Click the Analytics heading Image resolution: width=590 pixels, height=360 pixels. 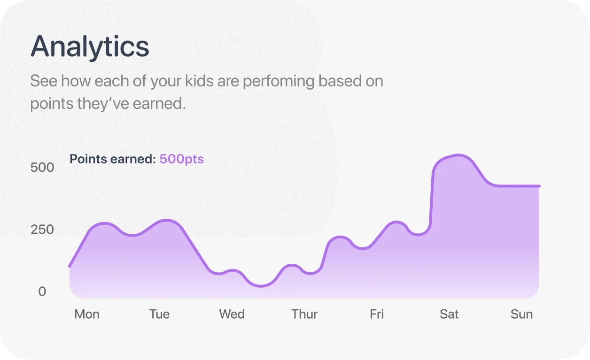point(90,47)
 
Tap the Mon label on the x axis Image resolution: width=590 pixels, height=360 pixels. point(87,314)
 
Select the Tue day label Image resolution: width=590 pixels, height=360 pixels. point(159,314)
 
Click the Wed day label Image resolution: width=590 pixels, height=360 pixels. point(232,314)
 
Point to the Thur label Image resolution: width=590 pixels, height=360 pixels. point(304,314)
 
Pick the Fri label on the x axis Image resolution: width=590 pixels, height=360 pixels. point(377,314)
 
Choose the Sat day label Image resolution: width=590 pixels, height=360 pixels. point(449,314)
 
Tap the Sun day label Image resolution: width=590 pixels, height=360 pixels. point(521,314)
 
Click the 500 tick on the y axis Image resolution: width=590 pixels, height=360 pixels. point(42,168)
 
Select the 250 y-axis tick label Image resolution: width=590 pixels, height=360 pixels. point(42,230)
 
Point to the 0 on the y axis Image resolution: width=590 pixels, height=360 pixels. point(42,291)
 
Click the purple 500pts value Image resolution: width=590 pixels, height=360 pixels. point(182,159)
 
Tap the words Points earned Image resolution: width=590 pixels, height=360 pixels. point(113,159)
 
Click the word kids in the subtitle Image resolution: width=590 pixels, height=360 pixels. point(199,81)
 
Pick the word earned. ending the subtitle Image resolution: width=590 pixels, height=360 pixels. point(159,103)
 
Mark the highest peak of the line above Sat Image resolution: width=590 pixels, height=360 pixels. point(458,155)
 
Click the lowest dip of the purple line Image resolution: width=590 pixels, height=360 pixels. point(261,286)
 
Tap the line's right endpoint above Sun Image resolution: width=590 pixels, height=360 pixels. point(539,186)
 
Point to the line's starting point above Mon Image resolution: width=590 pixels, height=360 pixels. point(70,266)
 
